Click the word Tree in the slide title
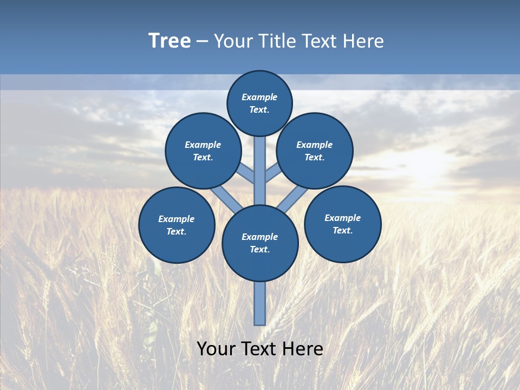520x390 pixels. coord(170,41)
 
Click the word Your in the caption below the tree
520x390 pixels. coord(217,349)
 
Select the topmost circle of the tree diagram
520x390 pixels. coord(259,103)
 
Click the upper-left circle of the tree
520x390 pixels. coord(203,151)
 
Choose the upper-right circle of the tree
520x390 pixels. coord(315,151)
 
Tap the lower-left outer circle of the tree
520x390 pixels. coord(177,225)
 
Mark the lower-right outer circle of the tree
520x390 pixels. coord(342,224)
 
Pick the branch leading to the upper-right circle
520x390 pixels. coord(272,173)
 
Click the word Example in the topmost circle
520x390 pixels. coord(259,97)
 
